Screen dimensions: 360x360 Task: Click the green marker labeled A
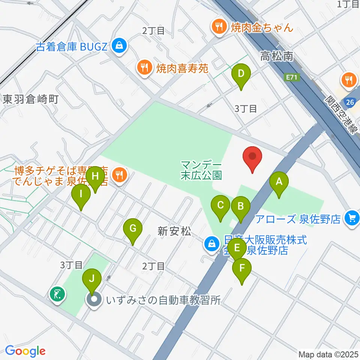279,183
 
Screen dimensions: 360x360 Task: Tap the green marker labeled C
220,205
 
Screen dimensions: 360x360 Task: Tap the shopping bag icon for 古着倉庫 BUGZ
119,46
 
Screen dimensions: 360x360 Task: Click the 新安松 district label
172,232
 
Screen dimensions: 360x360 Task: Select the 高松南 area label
277,57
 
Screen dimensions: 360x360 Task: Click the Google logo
25,351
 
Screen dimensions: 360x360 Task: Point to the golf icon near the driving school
58,294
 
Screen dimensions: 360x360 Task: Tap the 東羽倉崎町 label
31,99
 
